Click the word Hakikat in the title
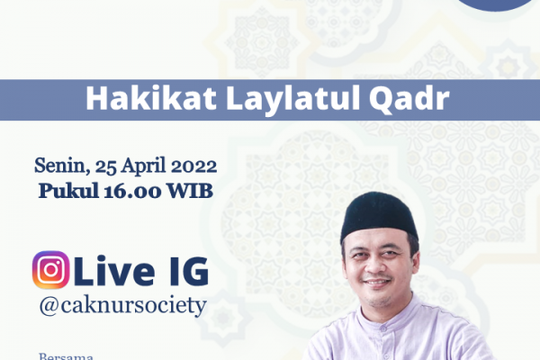151,98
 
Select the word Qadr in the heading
409,100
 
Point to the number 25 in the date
106,166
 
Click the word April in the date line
143,166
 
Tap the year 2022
193,166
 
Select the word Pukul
69,191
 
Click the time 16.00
132,191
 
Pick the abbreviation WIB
189,191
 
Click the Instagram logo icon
50,270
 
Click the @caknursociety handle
123,305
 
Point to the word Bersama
66,355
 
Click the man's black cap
378,216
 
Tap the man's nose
375,267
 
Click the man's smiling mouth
376,283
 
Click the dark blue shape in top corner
496,4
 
